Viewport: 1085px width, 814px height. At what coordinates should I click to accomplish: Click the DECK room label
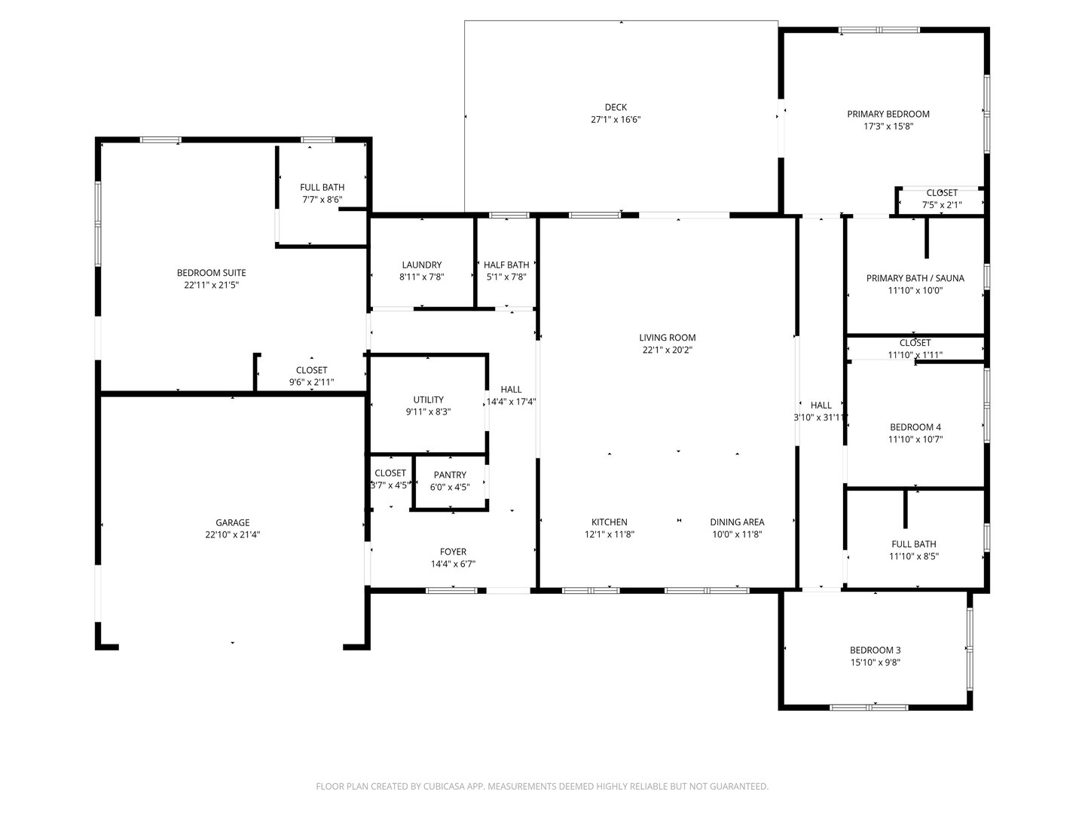pyautogui.click(x=616, y=107)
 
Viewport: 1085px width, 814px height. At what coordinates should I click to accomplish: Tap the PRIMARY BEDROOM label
pyautogui.click(x=888, y=114)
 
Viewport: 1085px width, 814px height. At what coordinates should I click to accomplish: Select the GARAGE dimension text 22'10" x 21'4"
pyautogui.click(x=232, y=534)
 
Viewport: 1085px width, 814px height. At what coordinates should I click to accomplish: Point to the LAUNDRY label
pyautogui.click(x=422, y=265)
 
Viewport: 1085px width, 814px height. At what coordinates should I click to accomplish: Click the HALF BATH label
pyautogui.click(x=506, y=265)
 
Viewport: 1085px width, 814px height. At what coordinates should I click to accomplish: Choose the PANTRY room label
pyautogui.click(x=450, y=475)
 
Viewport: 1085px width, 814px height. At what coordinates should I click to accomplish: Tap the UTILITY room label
pyautogui.click(x=428, y=399)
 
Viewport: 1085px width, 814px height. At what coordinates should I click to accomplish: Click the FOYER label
pyautogui.click(x=453, y=552)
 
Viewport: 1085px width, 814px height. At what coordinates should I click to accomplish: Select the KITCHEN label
pyautogui.click(x=609, y=522)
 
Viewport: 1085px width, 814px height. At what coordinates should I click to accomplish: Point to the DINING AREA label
pyautogui.click(x=737, y=522)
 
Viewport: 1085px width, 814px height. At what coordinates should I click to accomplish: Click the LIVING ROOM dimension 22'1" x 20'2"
pyautogui.click(x=668, y=350)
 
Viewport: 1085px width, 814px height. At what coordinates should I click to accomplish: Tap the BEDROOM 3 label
pyautogui.click(x=875, y=650)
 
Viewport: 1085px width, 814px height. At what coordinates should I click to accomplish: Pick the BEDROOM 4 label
pyautogui.click(x=915, y=427)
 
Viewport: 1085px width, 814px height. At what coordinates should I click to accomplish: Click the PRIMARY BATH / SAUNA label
pyautogui.click(x=915, y=278)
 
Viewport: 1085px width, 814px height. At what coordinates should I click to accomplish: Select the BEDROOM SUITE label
pyautogui.click(x=211, y=273)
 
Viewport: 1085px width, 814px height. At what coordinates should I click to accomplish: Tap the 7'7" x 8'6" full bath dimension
pyautogui.click(x=322, y=200)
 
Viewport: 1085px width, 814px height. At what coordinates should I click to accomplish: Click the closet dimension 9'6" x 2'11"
pyautogui.click(x=311, y=382)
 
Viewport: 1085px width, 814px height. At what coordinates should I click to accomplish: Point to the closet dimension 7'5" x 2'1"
pyautogui.click(x=942, y=205)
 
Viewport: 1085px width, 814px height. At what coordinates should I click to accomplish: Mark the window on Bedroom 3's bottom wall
pyautogui.click(x=869, y=707)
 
